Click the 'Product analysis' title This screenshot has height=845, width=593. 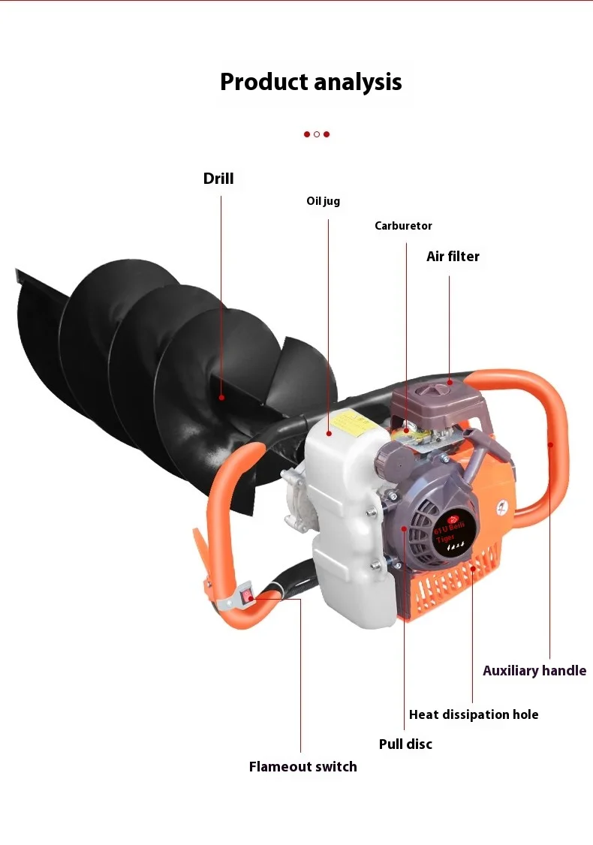pos(311,82)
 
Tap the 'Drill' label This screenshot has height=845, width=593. pos(218,179)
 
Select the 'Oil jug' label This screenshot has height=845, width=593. pos(323,201)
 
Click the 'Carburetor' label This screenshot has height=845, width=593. pos(403,226)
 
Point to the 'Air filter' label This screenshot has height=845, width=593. pos(453,257)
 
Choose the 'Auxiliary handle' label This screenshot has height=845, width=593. pos(534,671)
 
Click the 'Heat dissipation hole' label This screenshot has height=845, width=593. pos(474,714)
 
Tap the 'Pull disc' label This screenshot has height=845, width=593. pos(405,744)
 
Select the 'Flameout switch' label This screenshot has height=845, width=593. pos(303,767)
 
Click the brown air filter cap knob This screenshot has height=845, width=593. pos(436,389)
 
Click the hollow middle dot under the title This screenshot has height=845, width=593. pos(317,134)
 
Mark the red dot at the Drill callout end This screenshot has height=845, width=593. pos(221,397)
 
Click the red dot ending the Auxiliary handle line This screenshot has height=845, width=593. pos(550,444)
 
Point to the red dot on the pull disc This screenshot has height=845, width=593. pos(404,528)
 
